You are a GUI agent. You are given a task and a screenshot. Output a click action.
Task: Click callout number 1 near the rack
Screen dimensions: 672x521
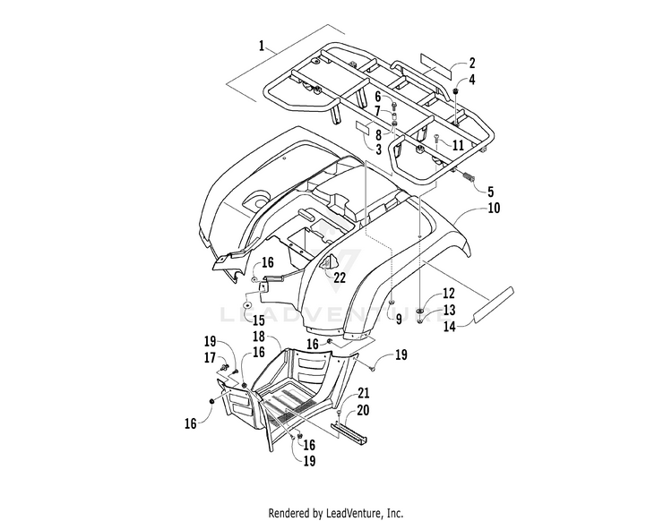coord(262,46)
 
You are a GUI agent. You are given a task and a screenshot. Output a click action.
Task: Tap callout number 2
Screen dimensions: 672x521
coord(472,64)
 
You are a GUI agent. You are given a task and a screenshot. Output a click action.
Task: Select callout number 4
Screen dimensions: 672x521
coord(472,80)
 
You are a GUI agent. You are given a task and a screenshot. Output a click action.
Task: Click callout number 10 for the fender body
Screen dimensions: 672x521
coord(494,208)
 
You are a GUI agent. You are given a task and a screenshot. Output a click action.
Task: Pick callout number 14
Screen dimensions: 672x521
coord(449,327)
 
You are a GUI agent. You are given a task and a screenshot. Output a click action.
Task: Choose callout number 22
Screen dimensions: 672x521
coord(340,278)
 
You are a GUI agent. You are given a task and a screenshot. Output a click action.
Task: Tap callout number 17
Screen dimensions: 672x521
coord(210,357)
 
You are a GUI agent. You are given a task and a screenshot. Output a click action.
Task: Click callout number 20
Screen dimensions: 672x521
coord(363,411)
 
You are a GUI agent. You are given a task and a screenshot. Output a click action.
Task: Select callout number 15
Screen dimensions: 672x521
coord(258,320)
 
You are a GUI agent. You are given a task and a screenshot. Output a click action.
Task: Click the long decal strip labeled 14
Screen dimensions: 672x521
coord(493,303)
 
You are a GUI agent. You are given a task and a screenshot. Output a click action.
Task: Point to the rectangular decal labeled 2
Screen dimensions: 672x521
coord(436,66)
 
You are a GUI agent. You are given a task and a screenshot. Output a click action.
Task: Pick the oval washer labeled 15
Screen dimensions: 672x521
coord(247,305)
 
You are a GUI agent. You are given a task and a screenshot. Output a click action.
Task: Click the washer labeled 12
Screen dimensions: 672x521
coord(420,311)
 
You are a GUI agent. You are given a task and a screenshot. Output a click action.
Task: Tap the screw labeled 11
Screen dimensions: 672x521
coord(436,138)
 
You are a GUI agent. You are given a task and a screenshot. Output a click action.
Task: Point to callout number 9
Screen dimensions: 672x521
coord(399,320)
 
